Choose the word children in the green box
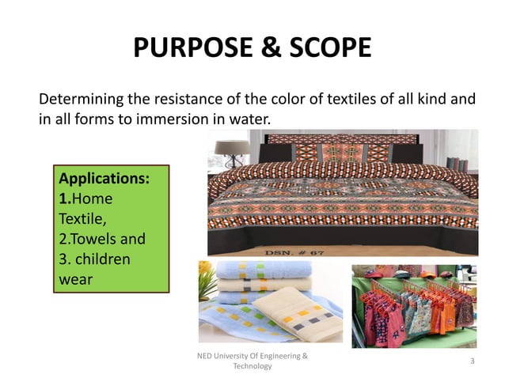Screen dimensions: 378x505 click(x=107, y=259)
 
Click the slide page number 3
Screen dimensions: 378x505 click(x=472, y=361)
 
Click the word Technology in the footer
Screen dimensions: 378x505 click(x=252, y=367)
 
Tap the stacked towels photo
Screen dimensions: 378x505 click(x=268, y=302)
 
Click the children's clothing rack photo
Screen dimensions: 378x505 click(x=414, y=305)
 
